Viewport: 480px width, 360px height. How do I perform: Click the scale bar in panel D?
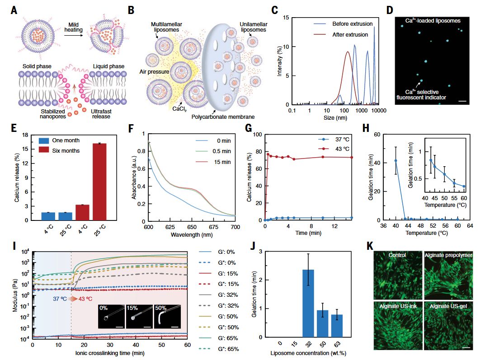pos(461,101)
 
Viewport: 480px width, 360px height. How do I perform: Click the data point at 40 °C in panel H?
pos(396,160)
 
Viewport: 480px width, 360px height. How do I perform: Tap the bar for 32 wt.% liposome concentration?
pos(308,303)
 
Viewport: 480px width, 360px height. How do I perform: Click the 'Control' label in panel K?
pos(397,255)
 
